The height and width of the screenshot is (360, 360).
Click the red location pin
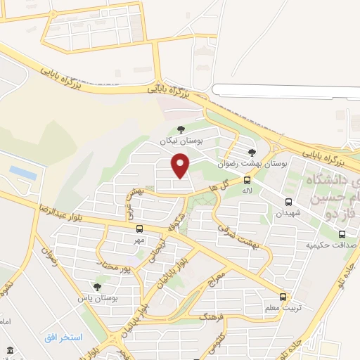tap(181, 165)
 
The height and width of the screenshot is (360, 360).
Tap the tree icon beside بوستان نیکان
tap(181, 129)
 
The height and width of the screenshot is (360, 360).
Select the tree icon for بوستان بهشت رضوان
tap(252, 152)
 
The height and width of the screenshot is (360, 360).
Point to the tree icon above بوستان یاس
tap(97, 287)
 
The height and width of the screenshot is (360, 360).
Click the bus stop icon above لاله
tap(247, 180)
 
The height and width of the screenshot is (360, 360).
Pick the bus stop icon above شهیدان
tap(288, 202)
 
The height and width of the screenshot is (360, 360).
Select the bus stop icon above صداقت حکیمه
tap(341, 235)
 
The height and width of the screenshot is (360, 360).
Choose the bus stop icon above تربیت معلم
tap(283, 297)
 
